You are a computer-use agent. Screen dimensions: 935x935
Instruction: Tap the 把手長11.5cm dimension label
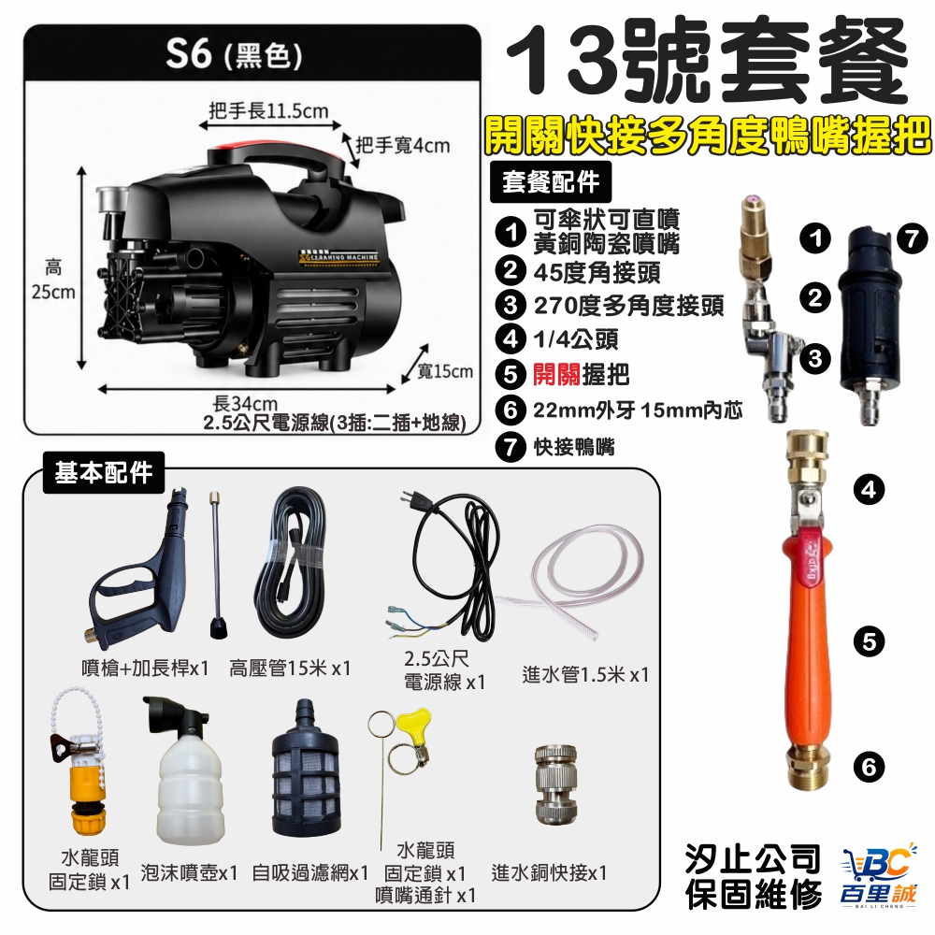coord(269,111)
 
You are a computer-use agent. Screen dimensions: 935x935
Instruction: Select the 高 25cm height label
coord(53,280)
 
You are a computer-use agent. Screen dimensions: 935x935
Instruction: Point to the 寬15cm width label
coord(445,371)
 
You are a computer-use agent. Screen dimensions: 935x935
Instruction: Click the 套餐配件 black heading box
coord(551,182)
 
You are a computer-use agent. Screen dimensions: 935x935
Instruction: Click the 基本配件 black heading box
coord(104,472)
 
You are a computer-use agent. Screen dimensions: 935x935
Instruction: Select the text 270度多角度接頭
coord(628,306)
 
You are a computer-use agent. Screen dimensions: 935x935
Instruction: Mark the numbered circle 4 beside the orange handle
coord(869,490)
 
